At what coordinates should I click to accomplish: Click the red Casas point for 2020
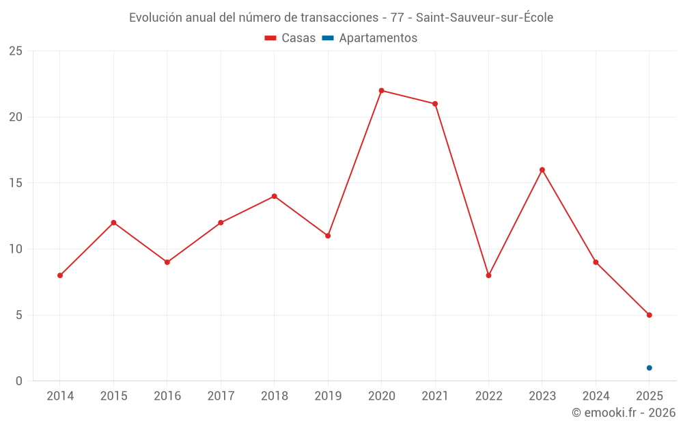point(381,91)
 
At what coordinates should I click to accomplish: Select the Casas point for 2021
point(435,104)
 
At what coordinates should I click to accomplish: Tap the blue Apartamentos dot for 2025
point(649,368)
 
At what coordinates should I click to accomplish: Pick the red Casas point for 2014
point(60,275)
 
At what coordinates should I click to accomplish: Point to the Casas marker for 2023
point(542,170)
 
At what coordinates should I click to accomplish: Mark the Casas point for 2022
point(488,275)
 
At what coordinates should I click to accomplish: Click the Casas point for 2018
point(275,196)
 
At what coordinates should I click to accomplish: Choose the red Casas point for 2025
point(649,315)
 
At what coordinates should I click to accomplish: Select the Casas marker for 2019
point(328,236)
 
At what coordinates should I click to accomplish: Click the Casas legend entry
point(290,38)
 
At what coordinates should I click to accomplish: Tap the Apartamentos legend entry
point(370,38)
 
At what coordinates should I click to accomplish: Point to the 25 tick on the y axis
point(16,51)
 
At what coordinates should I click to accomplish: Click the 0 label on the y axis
point(19,381)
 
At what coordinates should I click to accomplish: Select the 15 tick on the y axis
point(16,183)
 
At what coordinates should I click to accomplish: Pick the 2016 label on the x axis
point(167,396)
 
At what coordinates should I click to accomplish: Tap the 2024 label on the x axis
point(596,396)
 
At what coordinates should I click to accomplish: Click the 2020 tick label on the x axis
point(381,396)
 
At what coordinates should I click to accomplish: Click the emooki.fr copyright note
point(624,413)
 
